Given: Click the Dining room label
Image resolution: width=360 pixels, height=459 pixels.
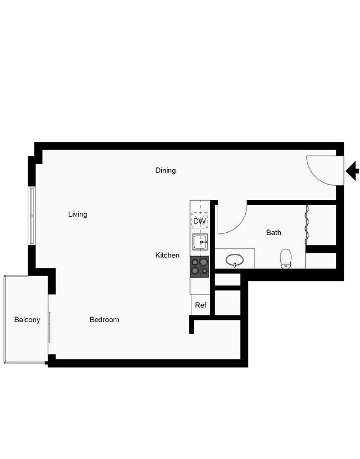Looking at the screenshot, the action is click(x=166, y=170).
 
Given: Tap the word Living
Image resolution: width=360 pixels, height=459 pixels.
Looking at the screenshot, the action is click(x=78, y=215).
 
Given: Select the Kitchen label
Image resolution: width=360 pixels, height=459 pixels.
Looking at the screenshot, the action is click(x=167, y=255).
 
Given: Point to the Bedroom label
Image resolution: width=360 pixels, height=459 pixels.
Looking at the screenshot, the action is click(x=105, y=320).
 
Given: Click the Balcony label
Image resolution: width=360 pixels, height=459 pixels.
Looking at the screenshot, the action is click(x=27, y=320).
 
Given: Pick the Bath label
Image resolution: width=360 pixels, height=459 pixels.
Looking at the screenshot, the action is click(x=274, y=232).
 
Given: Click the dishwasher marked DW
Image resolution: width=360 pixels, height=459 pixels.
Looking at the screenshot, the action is click(x=200, y=221).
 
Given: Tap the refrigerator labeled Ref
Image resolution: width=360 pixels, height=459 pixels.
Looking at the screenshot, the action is click(x=200, y=305).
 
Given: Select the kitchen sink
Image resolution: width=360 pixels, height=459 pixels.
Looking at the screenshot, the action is click(x=200, y=242).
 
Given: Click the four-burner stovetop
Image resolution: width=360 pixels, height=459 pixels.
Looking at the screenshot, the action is click(x=200, y=267).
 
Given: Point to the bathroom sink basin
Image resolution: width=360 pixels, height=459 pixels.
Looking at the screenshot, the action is click(x=234, y=260).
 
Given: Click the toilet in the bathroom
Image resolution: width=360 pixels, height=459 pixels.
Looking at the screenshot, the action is click(x=286, y=259).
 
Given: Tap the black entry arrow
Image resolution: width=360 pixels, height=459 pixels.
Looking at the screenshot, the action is click(x=352, y=171).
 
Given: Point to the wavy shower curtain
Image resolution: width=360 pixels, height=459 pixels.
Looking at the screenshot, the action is click(x=306, y=226).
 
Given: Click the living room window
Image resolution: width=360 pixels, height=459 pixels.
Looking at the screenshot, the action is click(x=32, y=216).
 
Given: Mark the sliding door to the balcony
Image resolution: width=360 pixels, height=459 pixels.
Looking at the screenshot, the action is click(x=49, y=327).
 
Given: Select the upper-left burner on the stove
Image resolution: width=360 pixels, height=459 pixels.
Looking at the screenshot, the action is click(x=195, y=262).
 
